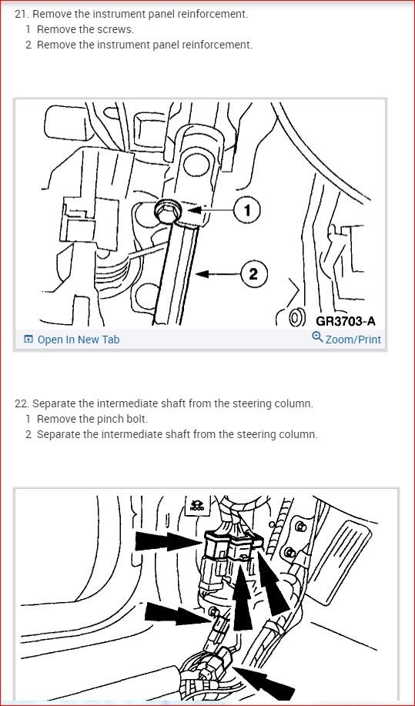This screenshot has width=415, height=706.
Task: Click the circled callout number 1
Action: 246,209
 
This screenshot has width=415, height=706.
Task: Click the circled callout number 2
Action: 253,273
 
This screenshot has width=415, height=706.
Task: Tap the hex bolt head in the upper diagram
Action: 169,210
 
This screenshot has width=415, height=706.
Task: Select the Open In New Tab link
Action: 79,340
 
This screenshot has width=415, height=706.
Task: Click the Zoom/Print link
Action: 353,340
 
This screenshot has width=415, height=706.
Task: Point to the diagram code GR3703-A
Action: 346,321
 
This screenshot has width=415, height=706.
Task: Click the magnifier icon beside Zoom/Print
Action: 317,336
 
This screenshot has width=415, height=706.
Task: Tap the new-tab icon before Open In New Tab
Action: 28,340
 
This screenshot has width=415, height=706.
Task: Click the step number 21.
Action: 21,14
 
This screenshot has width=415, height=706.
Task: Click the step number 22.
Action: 21,403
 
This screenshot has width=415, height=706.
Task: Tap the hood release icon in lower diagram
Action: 197,505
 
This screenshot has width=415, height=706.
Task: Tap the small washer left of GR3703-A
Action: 295,318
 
